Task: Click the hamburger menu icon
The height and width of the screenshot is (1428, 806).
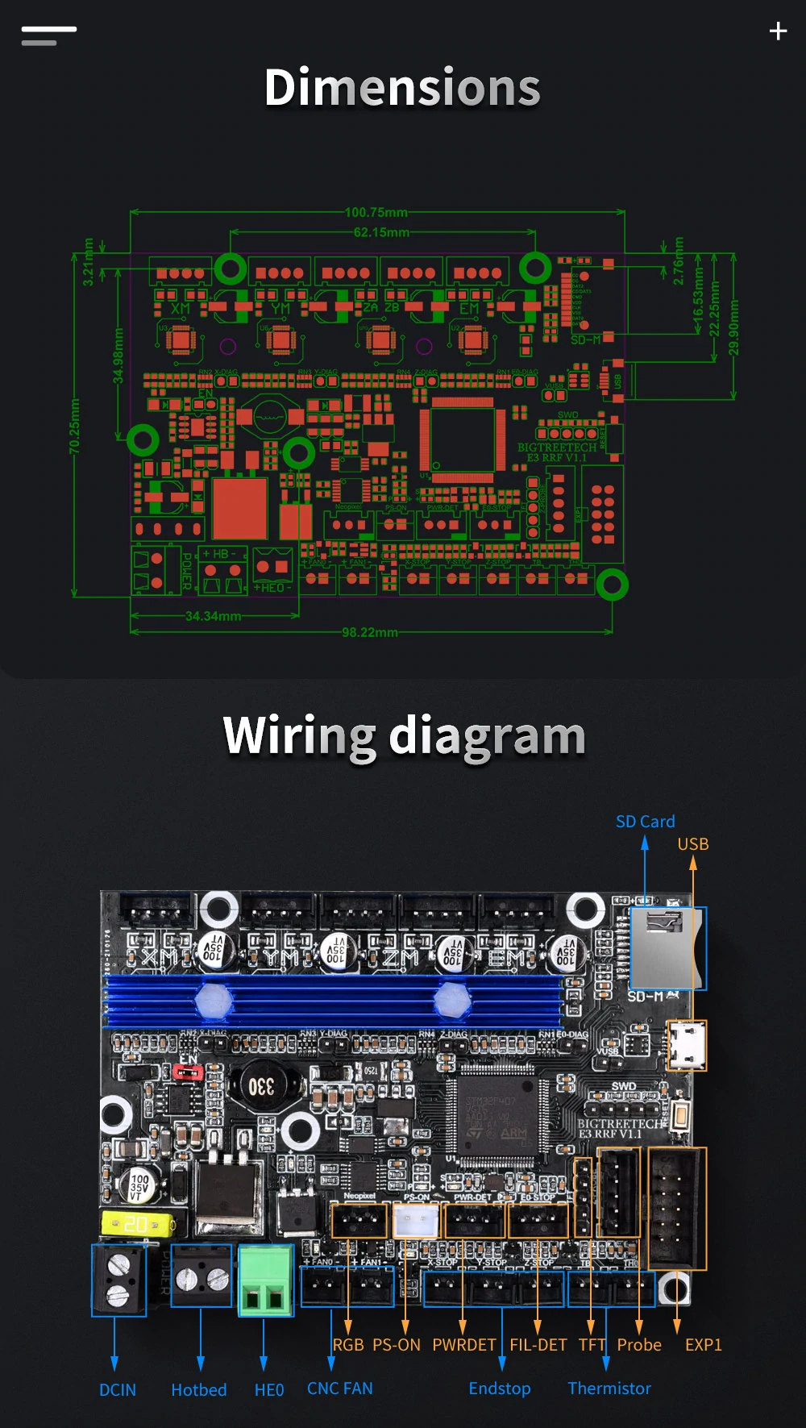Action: point(49,35)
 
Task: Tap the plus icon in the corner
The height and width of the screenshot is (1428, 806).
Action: point(778,31)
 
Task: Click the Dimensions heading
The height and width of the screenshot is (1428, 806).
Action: point(402,88)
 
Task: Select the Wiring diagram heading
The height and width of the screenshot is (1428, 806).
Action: point(404,736)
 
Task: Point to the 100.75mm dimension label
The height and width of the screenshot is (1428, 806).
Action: point(376,212)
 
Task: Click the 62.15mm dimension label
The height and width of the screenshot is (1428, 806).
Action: point(381,232)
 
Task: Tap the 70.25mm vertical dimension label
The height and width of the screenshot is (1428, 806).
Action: point(74,426)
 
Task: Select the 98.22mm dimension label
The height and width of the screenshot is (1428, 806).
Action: point(370,632)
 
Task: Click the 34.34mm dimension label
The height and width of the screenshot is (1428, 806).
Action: point(213,616)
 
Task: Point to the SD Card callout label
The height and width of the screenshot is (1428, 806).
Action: point(645,822)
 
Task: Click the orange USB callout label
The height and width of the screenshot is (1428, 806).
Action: point(692,844)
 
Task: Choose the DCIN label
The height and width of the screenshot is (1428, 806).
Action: point(118,1390)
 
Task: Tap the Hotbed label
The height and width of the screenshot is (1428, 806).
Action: point(199,1390)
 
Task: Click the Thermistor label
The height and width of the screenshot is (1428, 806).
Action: point(609,1388)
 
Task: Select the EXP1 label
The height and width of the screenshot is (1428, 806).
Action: point(703,1345)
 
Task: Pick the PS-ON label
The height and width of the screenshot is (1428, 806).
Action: point(397,1345)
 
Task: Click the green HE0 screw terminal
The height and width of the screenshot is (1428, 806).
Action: point(265,1280)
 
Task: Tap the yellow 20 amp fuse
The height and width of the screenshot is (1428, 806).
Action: point(137,1224)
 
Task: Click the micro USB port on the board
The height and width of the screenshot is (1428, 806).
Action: point(688,1045)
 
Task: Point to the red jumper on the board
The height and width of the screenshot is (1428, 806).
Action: point(189,1072)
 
